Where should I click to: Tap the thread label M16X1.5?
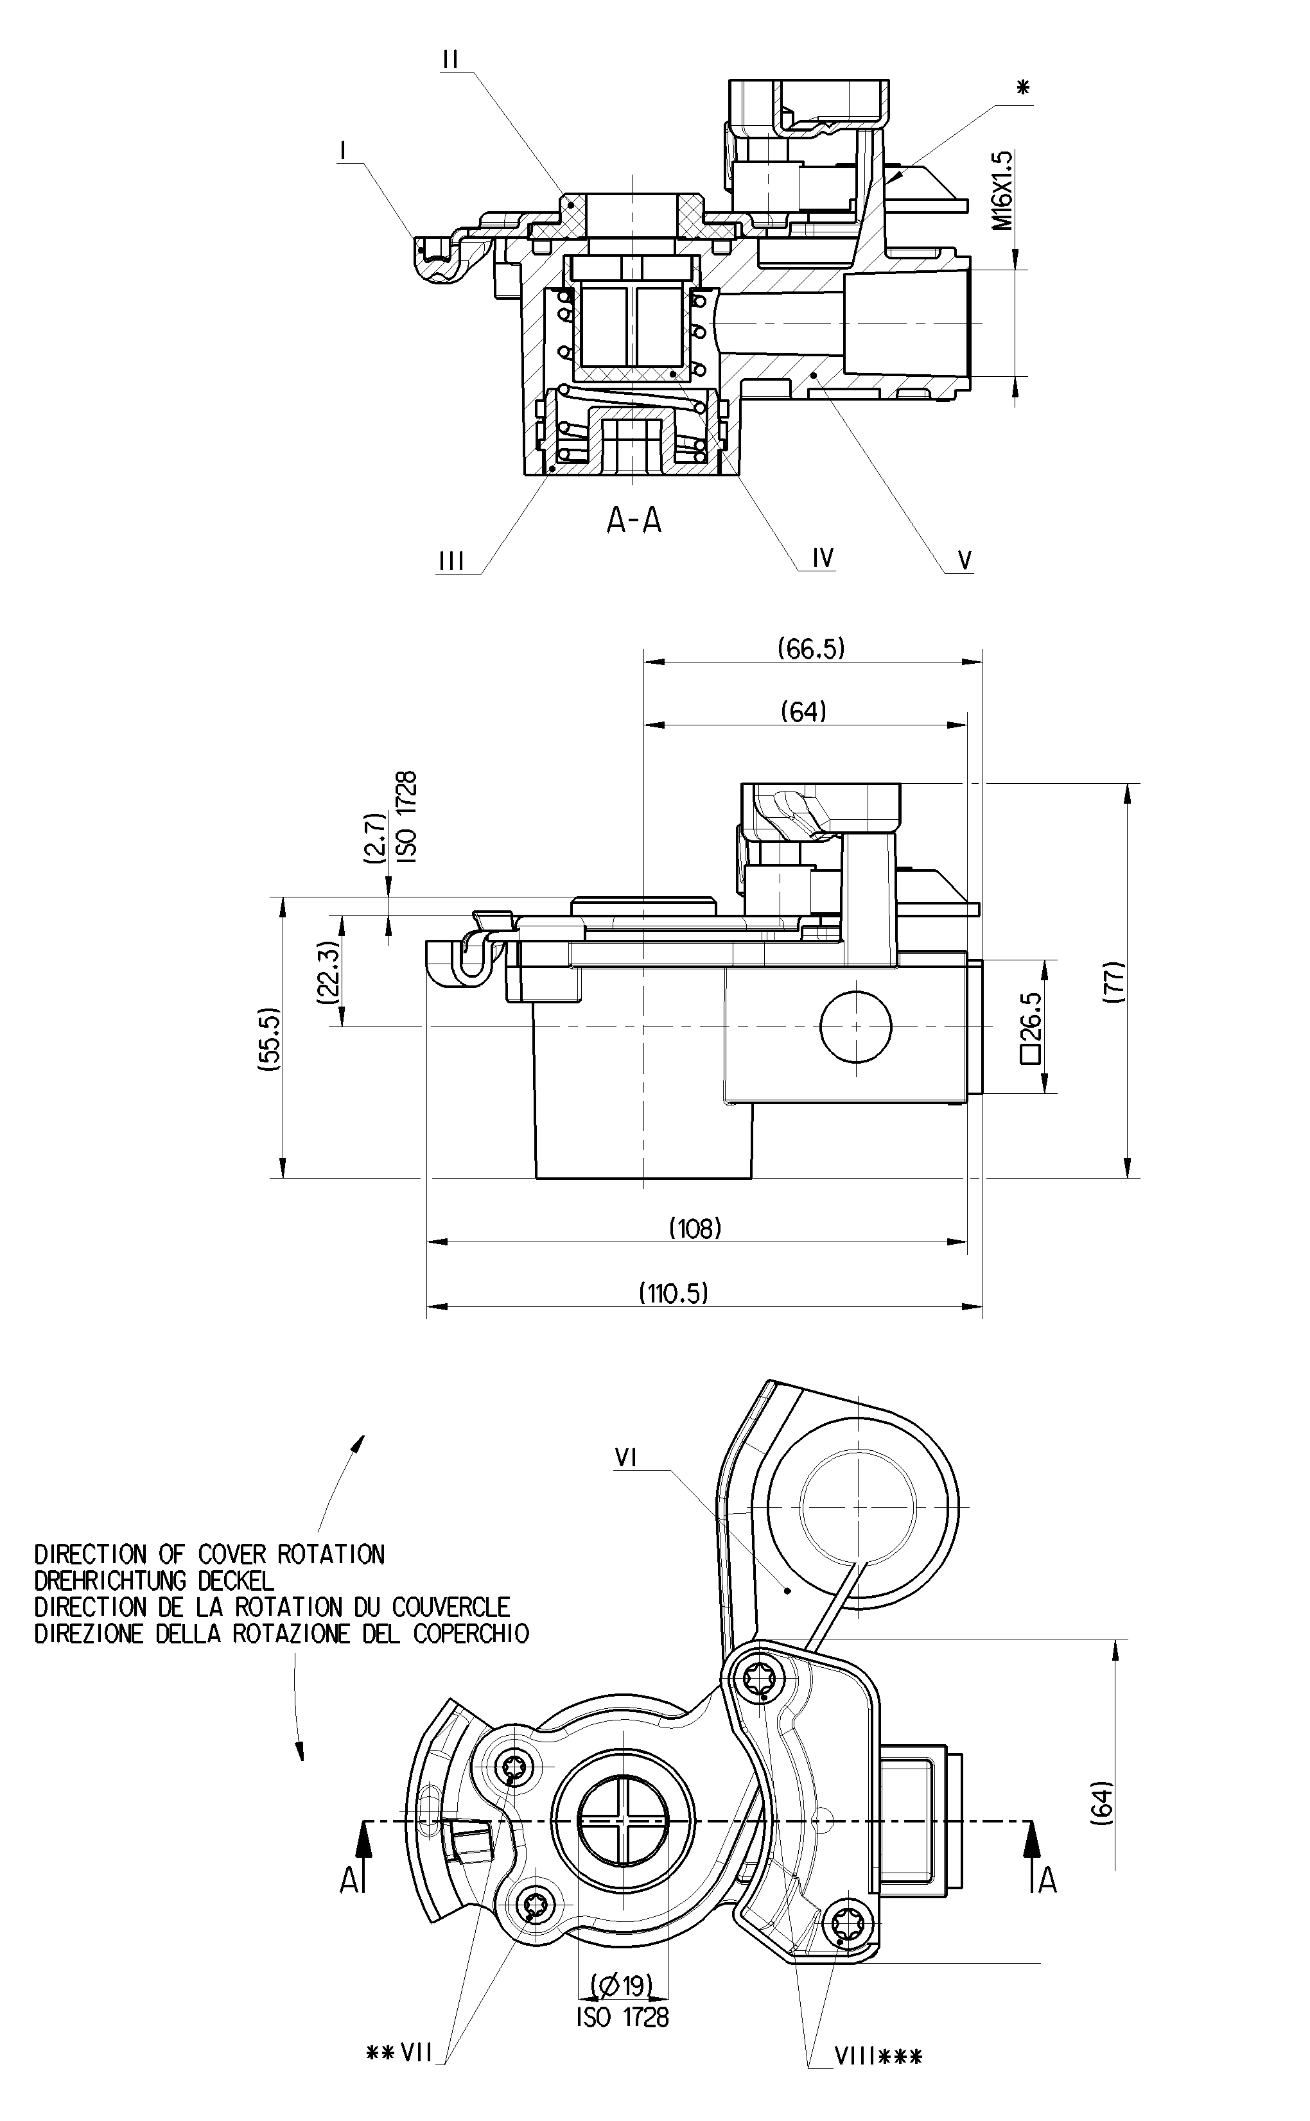tap(1002, 191)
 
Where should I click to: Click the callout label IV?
tap(822, 558)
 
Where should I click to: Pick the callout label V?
tap(965, 560)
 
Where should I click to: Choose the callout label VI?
tap(625, 1459)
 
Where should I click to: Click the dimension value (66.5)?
tap(811, 647)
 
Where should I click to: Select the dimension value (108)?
tap(695, 1228)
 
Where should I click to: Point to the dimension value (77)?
tap(1115, 982)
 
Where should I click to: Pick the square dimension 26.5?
tap(1031, 1026)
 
